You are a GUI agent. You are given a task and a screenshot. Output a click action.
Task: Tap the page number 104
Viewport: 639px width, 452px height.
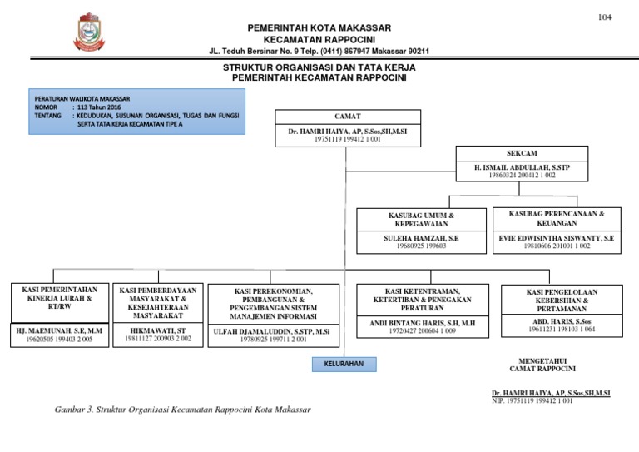[604, 18]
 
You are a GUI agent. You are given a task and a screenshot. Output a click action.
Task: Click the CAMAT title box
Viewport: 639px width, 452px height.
[347, 117]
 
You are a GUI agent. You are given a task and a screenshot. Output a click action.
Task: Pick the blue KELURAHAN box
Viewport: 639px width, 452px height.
[344, 365]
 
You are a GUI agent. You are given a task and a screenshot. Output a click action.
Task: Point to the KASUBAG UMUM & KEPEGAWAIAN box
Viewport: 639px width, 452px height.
[421, 219]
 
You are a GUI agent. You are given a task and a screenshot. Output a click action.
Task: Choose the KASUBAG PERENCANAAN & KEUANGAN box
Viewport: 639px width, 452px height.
[556, 218]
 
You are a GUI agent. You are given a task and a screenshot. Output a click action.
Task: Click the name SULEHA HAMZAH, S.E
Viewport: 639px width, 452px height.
[421, 237]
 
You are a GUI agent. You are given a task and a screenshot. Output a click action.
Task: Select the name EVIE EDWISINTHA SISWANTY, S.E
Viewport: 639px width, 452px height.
[556, 237]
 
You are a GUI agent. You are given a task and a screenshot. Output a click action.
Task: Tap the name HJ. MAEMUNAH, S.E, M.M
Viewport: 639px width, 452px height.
[59, 330]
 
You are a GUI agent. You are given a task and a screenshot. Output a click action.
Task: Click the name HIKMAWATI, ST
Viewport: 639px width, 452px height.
[158, 330]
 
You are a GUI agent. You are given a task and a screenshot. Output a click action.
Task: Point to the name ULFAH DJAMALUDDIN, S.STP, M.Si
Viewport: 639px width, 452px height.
[275, 330]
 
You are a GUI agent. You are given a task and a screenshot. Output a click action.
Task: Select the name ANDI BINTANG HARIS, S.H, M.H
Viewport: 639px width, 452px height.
[423, 321]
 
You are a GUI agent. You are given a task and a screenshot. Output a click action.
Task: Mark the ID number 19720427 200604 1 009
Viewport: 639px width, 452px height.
[423, 331]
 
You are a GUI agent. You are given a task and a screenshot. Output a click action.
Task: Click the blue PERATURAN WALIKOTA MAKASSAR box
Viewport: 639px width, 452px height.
[136, 113]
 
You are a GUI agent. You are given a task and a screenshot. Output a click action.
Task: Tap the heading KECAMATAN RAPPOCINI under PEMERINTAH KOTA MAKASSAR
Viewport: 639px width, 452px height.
[319, 40]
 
